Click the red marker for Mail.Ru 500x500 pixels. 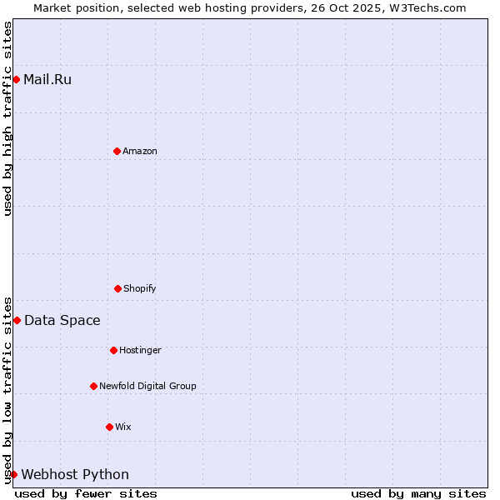click(x=16, y=79)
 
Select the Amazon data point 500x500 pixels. click(x=117, y=151)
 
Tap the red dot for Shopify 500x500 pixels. click(x=117, y=288)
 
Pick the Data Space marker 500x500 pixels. click(x=17, y=320)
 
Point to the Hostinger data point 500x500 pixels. click(x=113, y=350)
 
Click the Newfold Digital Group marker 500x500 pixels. click(x=93, y=386)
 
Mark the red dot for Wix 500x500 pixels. click(x=109, y=427)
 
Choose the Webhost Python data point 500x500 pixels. click(x=13, y=474)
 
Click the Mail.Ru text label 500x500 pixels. click(x=47, y=80)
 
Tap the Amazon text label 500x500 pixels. click(x=140, y=152)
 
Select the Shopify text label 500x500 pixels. click(x=140, y=289)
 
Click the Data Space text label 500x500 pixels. click(x=62, y=321)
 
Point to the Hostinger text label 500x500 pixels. click(x=140, y=351)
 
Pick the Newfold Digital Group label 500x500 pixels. click(x=147, y=387)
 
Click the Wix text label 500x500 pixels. click(x=123, y=427)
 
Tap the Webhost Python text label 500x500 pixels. click(x=75, y=475)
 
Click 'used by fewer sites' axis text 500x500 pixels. click(x=86, y=493)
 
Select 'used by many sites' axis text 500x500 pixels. click(x=418, y=493)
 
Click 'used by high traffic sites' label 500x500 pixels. click(x=8, y=118)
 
